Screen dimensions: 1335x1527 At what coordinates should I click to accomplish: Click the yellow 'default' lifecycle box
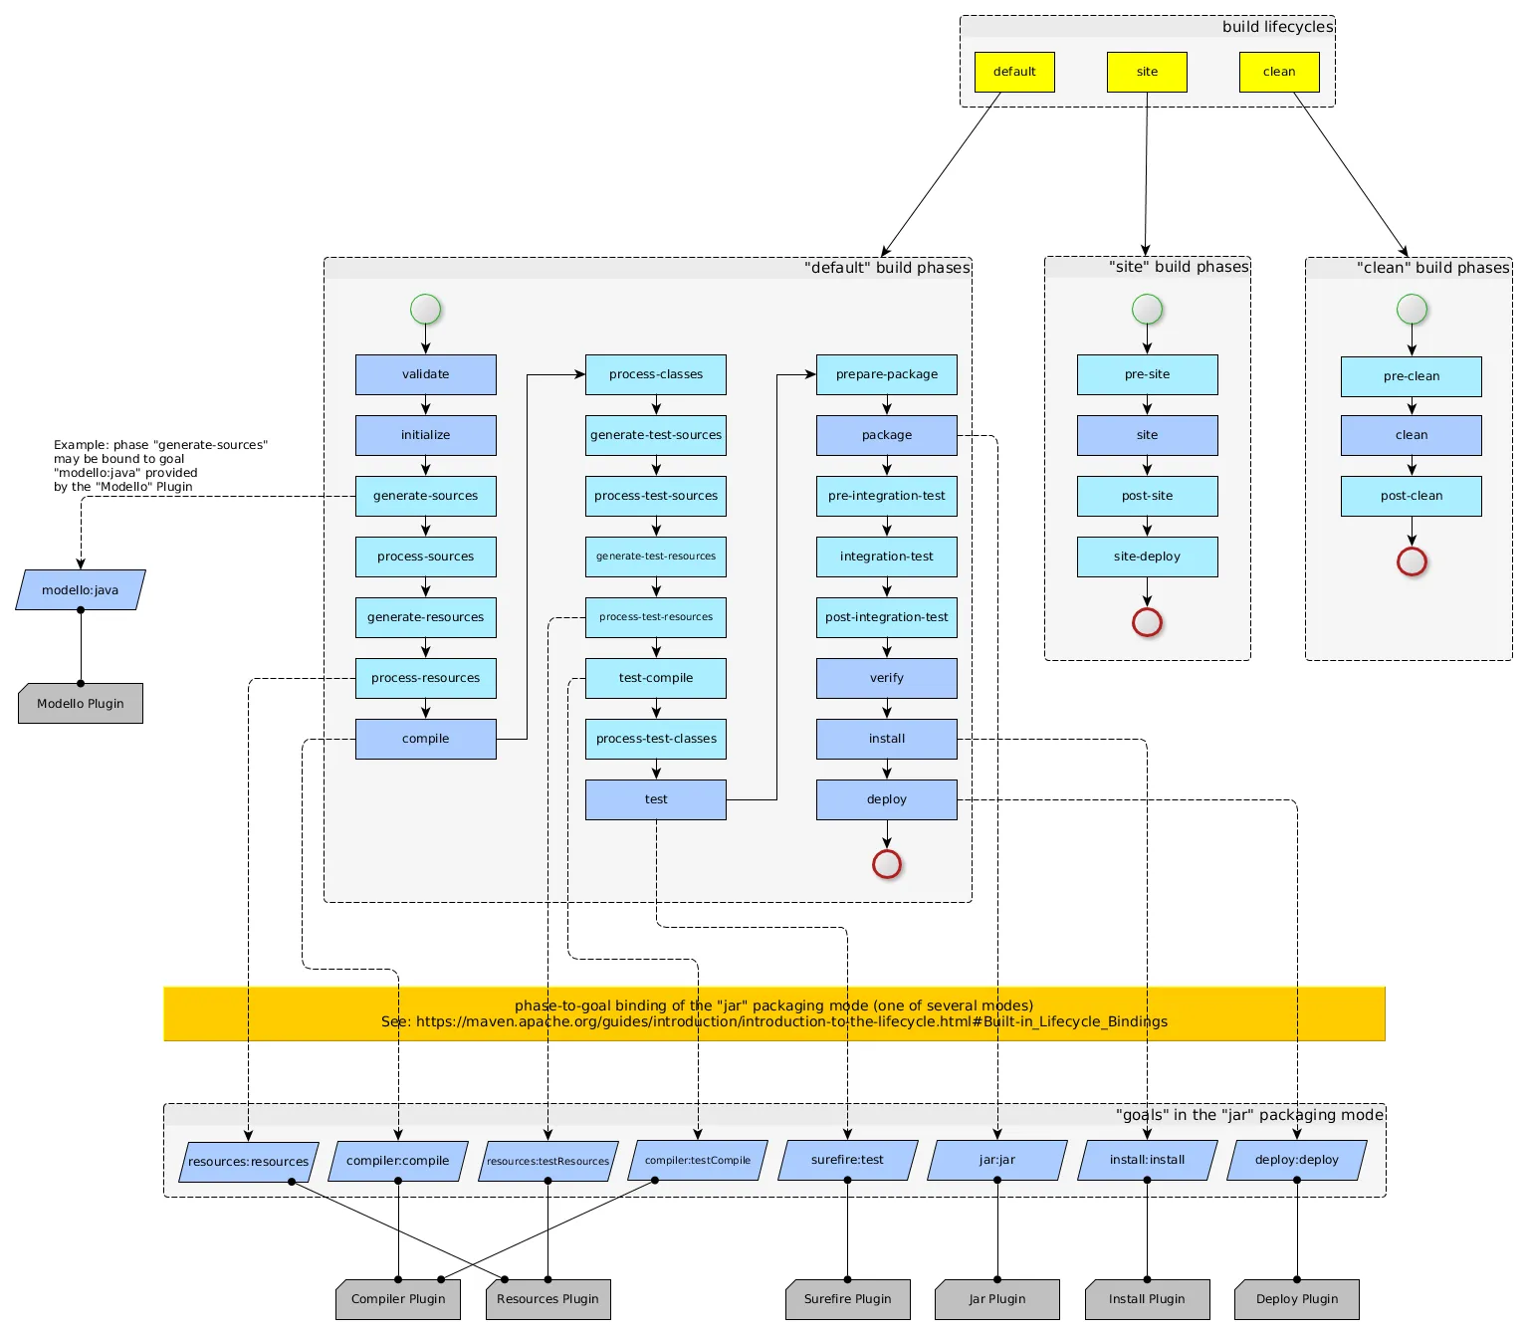click(x=1014, y=72)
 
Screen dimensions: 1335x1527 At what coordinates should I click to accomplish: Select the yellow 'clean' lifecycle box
click(x=1279, y=72)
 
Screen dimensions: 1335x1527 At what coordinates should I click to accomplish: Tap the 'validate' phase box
click(x=425, y=374)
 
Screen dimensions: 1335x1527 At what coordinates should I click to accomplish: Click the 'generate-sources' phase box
click(x=425, y=496)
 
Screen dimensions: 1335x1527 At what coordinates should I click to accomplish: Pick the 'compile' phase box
click(x=425, y=739)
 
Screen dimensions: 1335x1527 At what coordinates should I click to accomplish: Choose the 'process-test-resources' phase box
click(x=656, y=617)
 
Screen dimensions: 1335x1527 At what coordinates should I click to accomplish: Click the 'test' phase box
click(x=656, y=799)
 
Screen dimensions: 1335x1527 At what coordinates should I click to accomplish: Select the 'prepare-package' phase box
click(x=886, y=374)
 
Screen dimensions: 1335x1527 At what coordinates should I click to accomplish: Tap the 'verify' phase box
click(x=886, y=678)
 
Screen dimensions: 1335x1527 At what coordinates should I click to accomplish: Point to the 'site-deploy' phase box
click(x=1147, y=556)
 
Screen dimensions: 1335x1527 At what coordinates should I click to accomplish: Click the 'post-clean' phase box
click(x=1411, y=496)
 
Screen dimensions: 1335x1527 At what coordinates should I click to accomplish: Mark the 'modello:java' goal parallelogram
click(x=81, y=590)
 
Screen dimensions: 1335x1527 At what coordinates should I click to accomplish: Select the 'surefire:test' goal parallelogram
click(x=847, y=1160)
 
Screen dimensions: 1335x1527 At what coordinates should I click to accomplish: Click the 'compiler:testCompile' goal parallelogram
click(x=697, y=1160)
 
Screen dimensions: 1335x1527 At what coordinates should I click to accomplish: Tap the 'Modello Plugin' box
click(x=81, y=703)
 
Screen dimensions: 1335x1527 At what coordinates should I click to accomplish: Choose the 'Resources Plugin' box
click(x=547, y=1299)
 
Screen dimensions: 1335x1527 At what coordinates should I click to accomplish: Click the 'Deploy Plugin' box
click(x=1296, y=1299)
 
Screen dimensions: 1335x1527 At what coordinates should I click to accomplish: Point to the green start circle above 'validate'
click(x=425, y=309)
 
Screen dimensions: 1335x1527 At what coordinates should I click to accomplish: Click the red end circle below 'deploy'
click(x=886, y=864)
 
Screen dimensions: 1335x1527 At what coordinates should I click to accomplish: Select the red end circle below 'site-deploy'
click(x=1147, y=622)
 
